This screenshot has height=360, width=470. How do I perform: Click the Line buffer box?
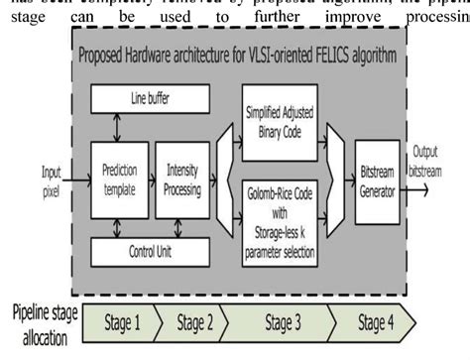click(x=150, y=99)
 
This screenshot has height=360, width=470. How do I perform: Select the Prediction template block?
click(x=120, y=176)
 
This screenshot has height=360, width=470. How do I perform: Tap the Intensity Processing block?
click(x=182, y=176)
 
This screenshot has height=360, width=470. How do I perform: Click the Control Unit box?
click(x=150, y=252)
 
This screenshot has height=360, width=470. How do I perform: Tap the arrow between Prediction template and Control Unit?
click(x=117, y=227)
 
